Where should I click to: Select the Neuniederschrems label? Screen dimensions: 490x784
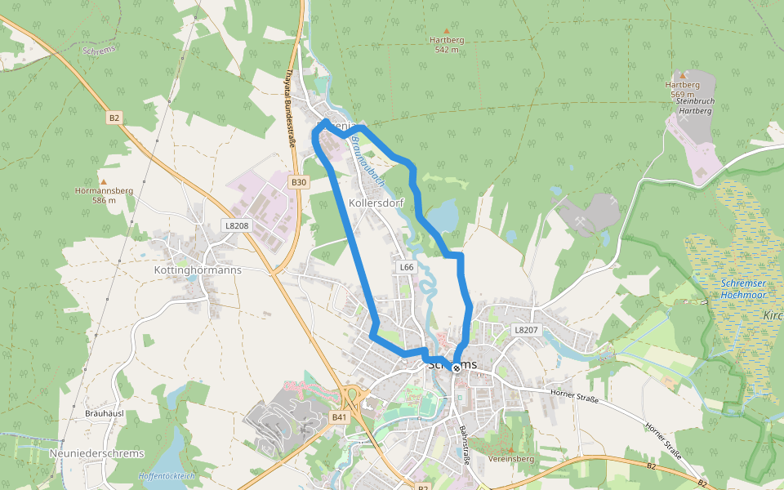(x=96, y=453)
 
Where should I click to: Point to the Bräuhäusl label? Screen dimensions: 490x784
(x=104, y=414)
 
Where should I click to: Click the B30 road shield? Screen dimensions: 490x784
(x=299, y=182)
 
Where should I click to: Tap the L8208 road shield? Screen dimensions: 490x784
(x=237, y=225)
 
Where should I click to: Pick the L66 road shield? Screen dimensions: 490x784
(x=407, y=267)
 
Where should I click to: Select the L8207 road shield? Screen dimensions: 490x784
(x=527, y=330)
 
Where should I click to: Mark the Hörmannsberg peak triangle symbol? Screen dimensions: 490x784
(x=104, y=182)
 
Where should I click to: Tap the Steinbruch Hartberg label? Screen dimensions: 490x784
(x=696, y=105)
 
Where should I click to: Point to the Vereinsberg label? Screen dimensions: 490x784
(x=510, y=459)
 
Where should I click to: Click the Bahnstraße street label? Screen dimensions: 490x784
(x=465, y=444)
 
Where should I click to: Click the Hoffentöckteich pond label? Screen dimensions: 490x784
(x=167, y=475)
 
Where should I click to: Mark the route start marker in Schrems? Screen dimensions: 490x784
(x=456, y=367)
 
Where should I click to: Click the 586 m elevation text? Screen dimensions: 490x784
(x=104, y=200)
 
